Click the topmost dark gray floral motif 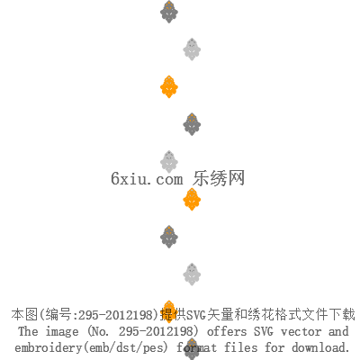(169, 12)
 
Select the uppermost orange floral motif (169, 86)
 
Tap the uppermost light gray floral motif (192, 49)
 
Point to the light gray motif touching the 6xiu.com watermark (169, 162)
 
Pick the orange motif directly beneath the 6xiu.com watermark (192, 199)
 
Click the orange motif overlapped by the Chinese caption (169, 311)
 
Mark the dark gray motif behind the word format (192, 349)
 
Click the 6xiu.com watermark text (147, 179)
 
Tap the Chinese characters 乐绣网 (219, 178)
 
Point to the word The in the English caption (28, 331)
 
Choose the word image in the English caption (62, 332)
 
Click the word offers (227, 331)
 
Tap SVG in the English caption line (264, 331)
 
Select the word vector (301, 332)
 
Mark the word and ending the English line (338, 331)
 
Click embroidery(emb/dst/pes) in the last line (92, 348)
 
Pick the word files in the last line (241, 347)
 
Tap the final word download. (320, 347)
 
